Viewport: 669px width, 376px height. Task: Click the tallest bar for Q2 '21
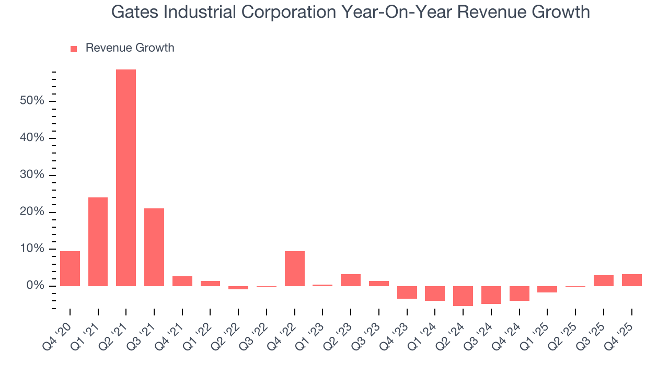pos(126,178)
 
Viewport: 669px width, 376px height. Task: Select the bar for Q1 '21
pos(98,241)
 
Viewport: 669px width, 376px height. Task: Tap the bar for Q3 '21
pos(154,247)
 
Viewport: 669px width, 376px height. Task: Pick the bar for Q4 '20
pos(70,268)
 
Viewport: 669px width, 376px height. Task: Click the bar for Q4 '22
pos(295,268)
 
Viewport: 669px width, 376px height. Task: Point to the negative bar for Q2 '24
pos(463,296)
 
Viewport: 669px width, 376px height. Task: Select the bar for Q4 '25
pos(631,280)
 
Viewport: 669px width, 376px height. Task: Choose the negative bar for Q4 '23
pos(407,292)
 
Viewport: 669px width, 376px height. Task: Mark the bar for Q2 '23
pos(351,280)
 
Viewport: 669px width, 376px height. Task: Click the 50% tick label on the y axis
pos(32,101)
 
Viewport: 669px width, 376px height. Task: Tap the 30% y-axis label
pos(32,175)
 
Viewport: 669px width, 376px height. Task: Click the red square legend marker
pos(74,49)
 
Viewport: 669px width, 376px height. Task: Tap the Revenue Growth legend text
pos(130,48)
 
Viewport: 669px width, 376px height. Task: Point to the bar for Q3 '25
pos(604,280)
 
